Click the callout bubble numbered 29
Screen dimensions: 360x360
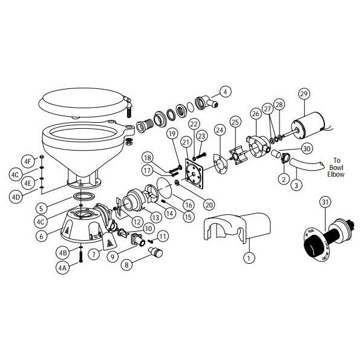(x=304, y=93)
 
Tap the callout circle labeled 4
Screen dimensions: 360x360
(x=225, y=92)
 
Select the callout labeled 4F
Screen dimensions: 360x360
(x=26, y=162)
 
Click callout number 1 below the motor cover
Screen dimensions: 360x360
(x=247, y=258)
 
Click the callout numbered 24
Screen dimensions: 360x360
(x=220, y=129)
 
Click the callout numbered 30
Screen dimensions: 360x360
(x=307, y=148)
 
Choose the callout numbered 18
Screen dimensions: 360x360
(x=148, y=158)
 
